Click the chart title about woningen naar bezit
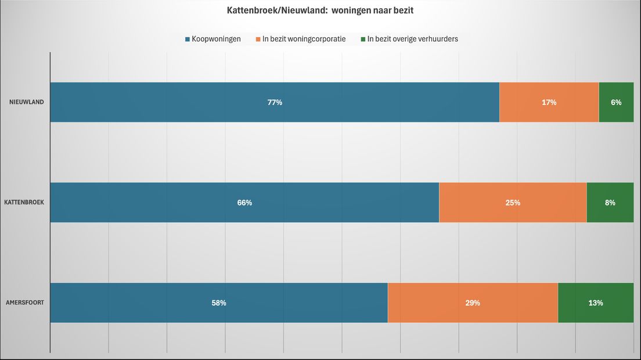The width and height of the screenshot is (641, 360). click(320, 10)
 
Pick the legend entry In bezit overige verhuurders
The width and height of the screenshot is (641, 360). click(412, 39)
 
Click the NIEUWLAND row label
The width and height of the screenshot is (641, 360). click(27, 102)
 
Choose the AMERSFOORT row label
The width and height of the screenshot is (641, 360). click(25, 303)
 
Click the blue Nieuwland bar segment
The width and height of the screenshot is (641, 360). click(174, 102)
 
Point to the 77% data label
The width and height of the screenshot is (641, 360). click(275, 102)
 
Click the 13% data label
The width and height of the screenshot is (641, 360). click(596, 303)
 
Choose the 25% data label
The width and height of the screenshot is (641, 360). click(513, 203)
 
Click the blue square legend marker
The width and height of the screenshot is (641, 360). click(188, 39)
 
